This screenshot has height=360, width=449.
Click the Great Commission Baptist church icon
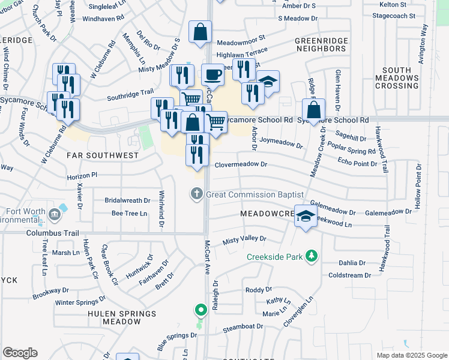coord(196,194)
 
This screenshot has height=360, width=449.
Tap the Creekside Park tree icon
coord(311,257)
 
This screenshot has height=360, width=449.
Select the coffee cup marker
coord(212,74)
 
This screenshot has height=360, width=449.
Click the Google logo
coord(20,353)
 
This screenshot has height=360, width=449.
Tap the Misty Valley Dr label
coord(244,239)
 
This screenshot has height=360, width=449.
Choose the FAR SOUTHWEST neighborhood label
coord(103,155)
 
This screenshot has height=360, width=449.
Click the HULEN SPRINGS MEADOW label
coord(114,317)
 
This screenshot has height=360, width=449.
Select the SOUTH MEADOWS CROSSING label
coord(396,78)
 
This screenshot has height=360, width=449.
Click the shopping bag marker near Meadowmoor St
coord(200,32)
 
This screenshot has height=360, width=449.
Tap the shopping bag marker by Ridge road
coord(313,110)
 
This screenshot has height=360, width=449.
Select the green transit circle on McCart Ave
coord(200,310)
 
